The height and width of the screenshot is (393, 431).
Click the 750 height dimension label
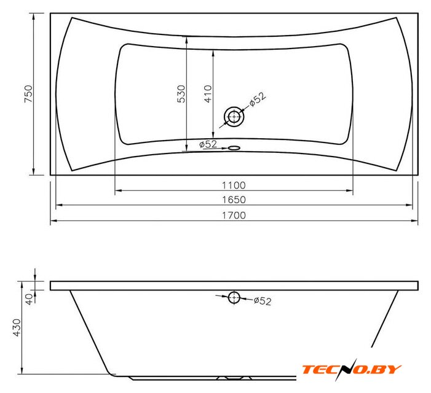point(28,93)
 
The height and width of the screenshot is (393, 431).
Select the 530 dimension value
point(181,94)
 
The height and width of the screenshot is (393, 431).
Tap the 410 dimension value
point(208,94)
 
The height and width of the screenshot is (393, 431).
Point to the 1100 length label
point(234,185)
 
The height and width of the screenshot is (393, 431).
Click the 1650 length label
point(234,200)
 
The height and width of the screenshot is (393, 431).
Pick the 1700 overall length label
point(234,215)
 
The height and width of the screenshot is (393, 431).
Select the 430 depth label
point(17,327)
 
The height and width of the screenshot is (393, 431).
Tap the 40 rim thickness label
point(29,298)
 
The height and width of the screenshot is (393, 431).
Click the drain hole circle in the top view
point(234,117)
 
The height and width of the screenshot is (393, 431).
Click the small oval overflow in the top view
point(234,148)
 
